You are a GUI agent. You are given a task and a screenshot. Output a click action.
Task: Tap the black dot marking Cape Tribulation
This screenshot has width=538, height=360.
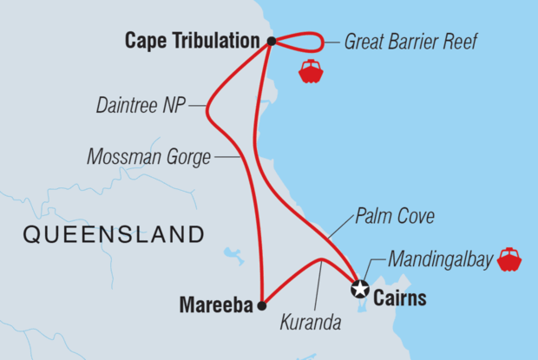pyautogui.click(x=272, y=41)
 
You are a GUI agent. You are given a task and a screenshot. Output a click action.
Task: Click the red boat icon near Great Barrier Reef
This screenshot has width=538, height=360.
pyautogui.click(x=311, y=72)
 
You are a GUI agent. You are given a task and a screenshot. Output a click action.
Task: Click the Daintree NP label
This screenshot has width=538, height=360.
pyautogui.click(x=141, y=108)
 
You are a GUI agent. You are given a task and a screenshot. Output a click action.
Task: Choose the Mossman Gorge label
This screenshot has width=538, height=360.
pyautogui.click(x=148, y=158)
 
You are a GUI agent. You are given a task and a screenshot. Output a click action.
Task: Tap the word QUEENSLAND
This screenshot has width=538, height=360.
pyautogui.click(x=114, y=234)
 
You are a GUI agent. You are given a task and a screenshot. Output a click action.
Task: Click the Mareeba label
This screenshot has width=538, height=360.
pyautogui.click(x=215, y=304)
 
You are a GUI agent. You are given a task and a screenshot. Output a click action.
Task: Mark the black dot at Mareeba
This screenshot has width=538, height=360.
pyautogui.click(x=262, y=304)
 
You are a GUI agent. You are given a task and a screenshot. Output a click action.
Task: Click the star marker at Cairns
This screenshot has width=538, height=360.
pyautogui.click(x=359, y=290)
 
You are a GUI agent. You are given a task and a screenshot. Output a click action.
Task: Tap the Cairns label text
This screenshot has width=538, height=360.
pyautogui.click(x=403, y=299)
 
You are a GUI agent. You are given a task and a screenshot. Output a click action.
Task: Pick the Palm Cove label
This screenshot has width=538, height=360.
pyautogui.click(x=395, y=216)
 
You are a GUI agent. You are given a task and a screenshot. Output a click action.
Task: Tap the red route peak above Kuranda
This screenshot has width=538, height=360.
pyautogui.click(x=322, y=259)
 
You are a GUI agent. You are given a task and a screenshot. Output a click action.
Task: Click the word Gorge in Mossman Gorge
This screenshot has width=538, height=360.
pyautogui.click(x=190, y=158)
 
